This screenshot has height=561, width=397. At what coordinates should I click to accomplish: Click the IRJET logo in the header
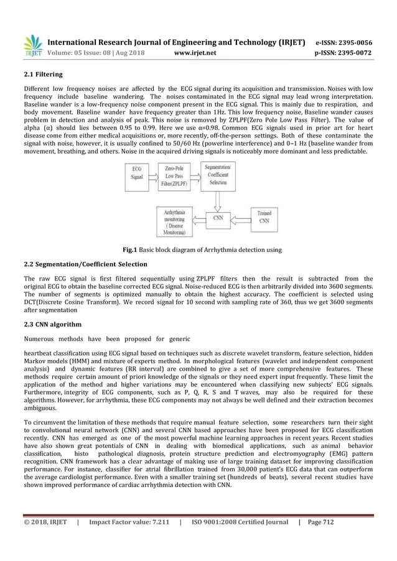[x=32, y=45]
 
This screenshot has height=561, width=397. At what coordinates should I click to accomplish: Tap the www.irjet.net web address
[x=198, y=53]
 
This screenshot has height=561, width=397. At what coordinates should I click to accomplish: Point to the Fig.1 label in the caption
[x=131, y=250]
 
